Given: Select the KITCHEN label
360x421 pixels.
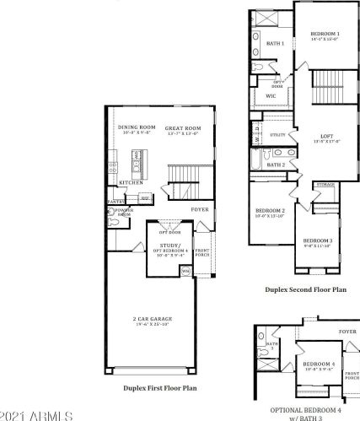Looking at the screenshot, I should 130,182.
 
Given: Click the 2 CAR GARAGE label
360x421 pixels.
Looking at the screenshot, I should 152,319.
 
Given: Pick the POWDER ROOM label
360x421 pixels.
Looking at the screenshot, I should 125,213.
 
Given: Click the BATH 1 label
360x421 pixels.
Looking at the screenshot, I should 275,42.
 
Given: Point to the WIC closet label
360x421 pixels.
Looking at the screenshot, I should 271,96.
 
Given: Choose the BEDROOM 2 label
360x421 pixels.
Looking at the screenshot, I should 271,210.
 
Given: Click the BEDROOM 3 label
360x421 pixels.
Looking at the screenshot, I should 319,240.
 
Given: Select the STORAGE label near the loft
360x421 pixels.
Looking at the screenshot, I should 326,184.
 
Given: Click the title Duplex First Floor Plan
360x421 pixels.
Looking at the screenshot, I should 159,388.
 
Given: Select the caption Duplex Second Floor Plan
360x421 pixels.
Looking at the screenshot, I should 305,289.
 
